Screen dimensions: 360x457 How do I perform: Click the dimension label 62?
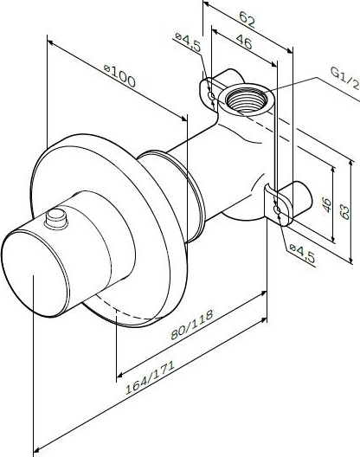click(x=247, y=19)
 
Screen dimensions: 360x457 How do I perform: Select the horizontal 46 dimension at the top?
click(x=244, y=42)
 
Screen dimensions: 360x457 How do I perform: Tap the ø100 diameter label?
click(x=119, y=76)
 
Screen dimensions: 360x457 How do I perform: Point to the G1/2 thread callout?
click(x=344, y=78)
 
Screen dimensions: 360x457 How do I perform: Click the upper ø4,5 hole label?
click(x=189, y=42)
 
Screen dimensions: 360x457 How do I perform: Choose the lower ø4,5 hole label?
click(x=302, y=254)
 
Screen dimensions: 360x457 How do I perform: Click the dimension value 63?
click(x=344, y=211)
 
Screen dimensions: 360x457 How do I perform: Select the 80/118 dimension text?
click(x=192, y=325)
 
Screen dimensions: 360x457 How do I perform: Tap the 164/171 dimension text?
click(x=150, y=377)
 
